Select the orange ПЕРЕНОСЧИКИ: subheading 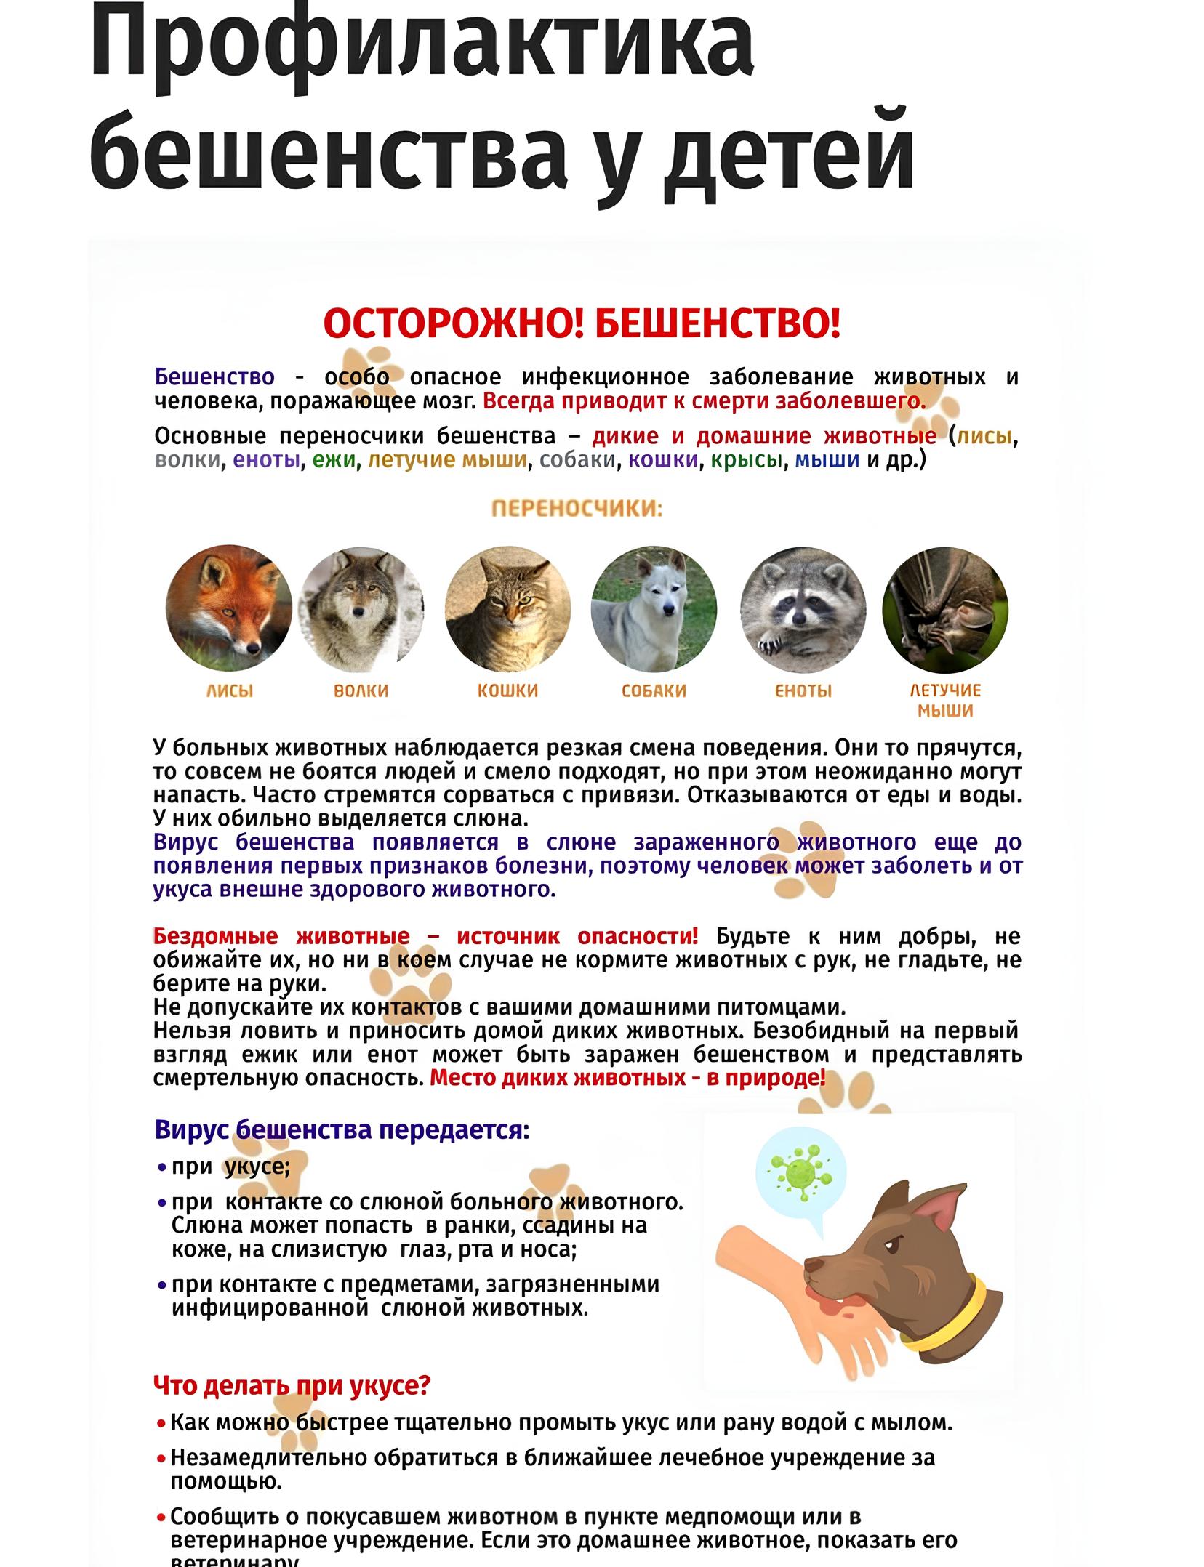[577, 508]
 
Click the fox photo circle [229, 608]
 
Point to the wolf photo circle [361, 608]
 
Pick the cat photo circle [507, 608]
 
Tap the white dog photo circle [654, 608]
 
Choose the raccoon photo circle [803, 608]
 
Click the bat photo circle [945, 608]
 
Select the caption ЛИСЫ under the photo [230, 690]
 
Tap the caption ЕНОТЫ [803, 690]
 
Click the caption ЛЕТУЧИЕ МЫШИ [945, 700]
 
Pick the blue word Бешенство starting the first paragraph [214, 377]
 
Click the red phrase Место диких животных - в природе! [627, 1078]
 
